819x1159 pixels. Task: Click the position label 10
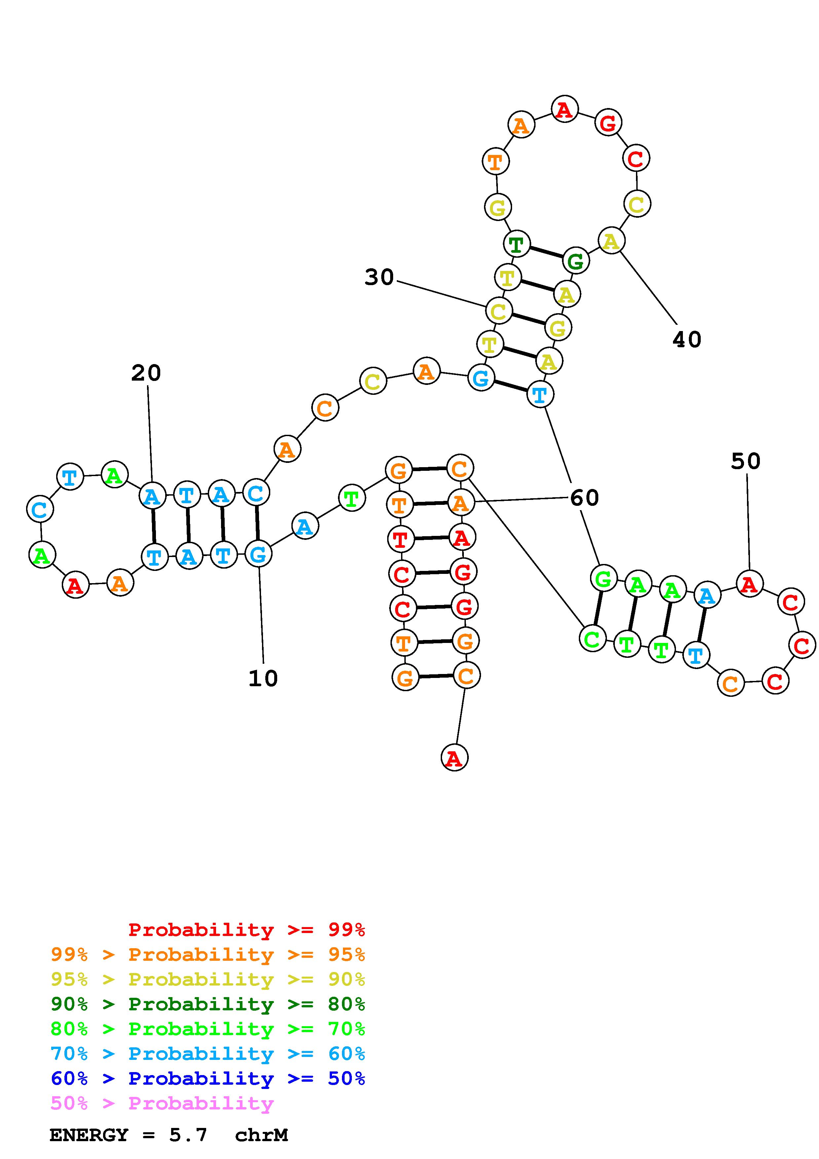[263, 678]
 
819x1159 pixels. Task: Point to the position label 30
[379, 277]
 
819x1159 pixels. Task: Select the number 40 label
[687, 339]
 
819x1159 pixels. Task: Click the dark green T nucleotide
[516, 244]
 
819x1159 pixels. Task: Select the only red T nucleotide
[400, 539]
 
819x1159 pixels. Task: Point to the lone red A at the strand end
[454, 758]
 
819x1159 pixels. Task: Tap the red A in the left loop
[75, 585]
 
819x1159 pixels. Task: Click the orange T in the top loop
[496, 162]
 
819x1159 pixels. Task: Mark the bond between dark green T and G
[546, 252]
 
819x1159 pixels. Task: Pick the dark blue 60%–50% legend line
[207, 1078]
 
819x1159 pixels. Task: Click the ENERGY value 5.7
[188, 1135]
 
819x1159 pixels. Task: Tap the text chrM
[261, 1135]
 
